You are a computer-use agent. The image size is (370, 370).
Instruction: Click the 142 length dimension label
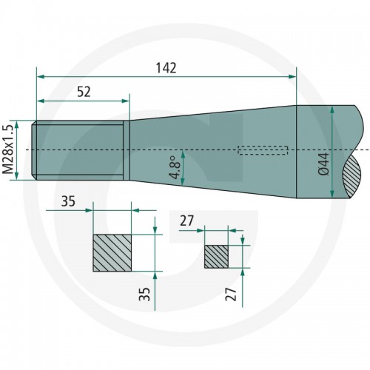pyautogui.click(x=166, y=68)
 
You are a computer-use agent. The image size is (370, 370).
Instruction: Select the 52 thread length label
pyautogui.click(x=84, y=92)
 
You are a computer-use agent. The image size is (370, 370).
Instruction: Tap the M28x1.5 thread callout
pyautogui.click(x=8, y=149)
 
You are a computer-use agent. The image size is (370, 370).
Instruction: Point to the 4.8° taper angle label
pyautogui.click(x=175, y=167)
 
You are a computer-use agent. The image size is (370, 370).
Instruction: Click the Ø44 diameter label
pyautogui.click(x=323, y=164)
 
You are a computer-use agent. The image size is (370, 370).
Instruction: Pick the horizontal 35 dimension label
pyautogui.click(x=68, y=201)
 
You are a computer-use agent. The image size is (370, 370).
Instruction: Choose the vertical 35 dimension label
pyautogui.click(x=144, y=294)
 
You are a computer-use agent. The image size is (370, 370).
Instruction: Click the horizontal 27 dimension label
pyautogui.click(x=186, y=221)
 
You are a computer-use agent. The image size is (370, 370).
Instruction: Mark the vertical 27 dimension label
pyautogui.click(x=231, y=294)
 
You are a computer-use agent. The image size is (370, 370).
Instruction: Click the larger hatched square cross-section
pyautogui.click(x=112, y=253)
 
